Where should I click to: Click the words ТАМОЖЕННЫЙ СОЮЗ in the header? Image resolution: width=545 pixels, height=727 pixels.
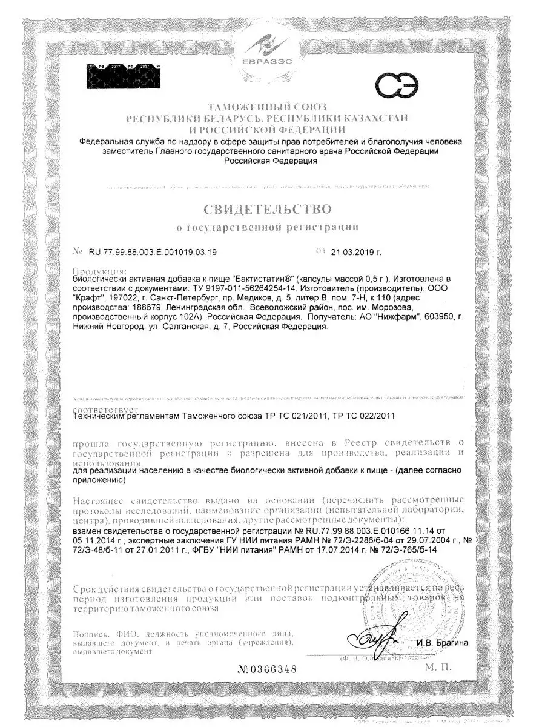tap(267, 107)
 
